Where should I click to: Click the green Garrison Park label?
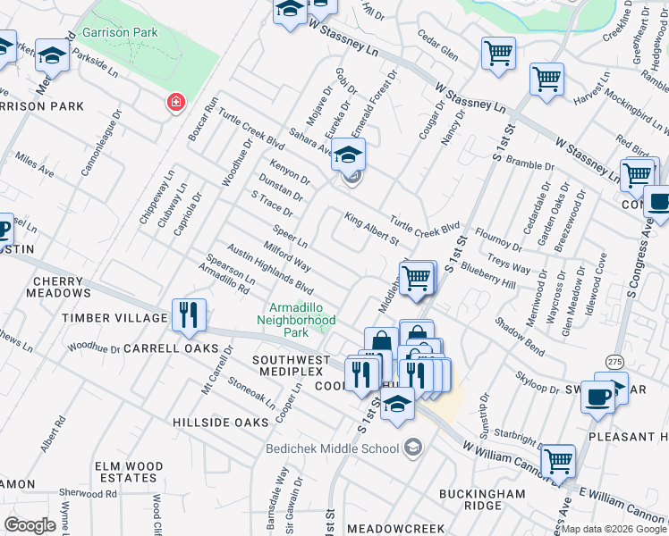coord(119,33)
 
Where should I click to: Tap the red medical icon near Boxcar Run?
coord(175,102)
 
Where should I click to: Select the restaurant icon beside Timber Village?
coord(189,315)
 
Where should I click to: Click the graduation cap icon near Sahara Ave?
coord(348,155)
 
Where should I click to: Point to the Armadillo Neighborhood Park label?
coord(296,319)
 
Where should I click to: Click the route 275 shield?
coord(614,360)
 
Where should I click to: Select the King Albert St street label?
coord(371,230)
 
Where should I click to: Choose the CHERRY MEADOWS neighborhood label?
coord(61,287)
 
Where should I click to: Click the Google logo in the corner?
coord(30,524)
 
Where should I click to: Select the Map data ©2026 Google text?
coord(614,529)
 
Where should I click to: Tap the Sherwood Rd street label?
coord(88,494)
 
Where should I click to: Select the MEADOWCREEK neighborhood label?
coord(395,529)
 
